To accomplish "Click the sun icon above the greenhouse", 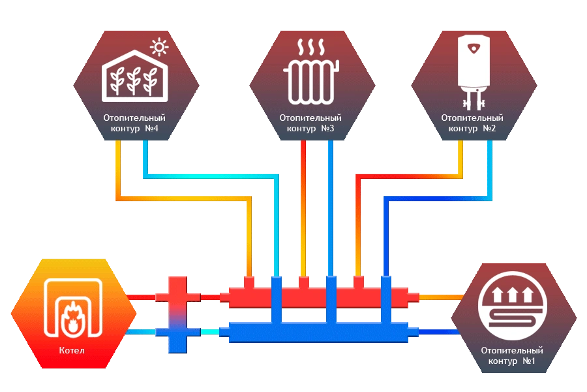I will (x=158, y=47).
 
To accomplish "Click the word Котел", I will (x=71, y=351).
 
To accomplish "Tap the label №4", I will (x=152, y=129).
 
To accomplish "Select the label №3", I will (x=327, y=129).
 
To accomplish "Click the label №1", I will (x=528, y=361).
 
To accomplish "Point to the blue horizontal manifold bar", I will (x=313, y=334).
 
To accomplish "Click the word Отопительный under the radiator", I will (x=310, y=118).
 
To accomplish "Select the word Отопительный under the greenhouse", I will (x=134, y=118).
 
